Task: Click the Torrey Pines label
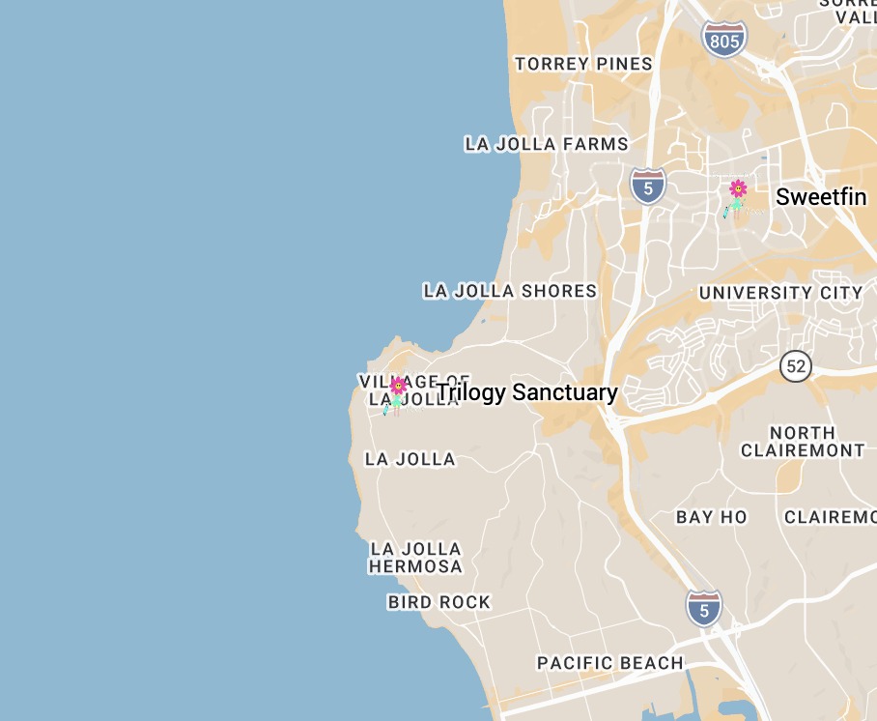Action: click(x=583, y=65)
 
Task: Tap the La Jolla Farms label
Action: click(x=547, y=145)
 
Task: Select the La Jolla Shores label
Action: click(x=510, y=291)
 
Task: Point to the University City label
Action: click(x=780, y=293)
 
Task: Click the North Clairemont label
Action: click(x=803, y=442)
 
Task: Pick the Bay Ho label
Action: click(x=712, y=517)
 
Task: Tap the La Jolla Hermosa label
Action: click(x=415, y=558)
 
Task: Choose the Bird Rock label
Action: click(x=439, y=602)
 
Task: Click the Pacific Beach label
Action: click(x=610, y=663)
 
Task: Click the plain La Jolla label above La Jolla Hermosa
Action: click(x=410, y=459)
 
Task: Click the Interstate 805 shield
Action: click(x=724, y=39)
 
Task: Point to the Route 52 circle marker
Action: click(x=796, y=366)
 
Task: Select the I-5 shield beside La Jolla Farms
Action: click(x=648, y=185)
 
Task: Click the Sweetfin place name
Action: click(x=821, y=197)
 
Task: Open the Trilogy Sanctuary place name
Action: click(x=527, y=392)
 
